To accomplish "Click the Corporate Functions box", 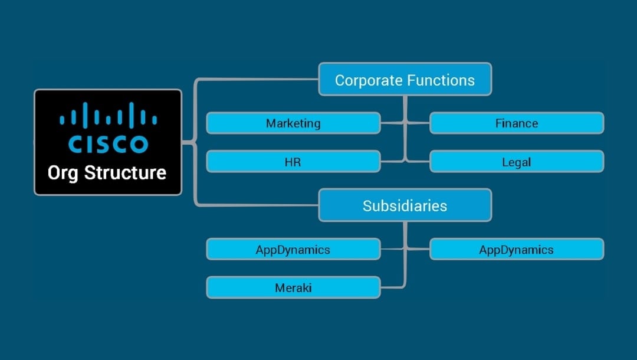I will (405, 79).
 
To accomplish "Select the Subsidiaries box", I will (405, 205).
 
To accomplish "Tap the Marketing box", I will (293, 123).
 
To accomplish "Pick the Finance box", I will (516, 123).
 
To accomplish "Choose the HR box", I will (293, 161).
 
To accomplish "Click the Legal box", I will (516, 161).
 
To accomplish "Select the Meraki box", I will (293, 287).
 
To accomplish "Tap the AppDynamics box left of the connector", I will (293, 249).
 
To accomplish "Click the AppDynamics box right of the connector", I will (516, 249).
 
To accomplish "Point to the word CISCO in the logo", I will (108, 144).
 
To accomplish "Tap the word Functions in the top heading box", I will (444, 80).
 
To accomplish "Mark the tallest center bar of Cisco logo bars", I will (108, 113).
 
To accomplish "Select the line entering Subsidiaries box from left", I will (260, 205).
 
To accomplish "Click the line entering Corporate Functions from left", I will (260, 79).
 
